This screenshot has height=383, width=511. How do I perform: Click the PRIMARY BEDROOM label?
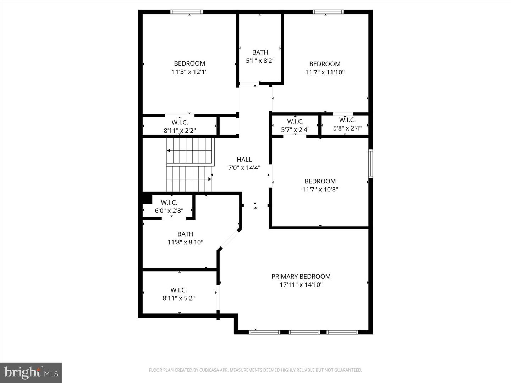[x=301, y=276]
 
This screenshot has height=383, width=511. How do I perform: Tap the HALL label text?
[x=244, y=160]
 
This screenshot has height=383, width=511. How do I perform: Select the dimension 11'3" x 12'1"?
[x=189, y=72]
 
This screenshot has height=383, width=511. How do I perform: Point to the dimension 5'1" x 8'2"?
[x=260, y=61]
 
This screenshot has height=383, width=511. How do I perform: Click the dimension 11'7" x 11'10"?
[x=325, y=72]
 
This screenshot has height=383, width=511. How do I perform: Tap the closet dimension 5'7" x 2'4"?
[x=295, y=130]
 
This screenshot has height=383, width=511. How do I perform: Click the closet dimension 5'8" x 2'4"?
[x=347, y=128]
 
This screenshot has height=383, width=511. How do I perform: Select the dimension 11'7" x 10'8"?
[x=320, y=189]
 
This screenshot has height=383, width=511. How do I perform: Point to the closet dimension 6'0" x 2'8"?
[x=169, y=211]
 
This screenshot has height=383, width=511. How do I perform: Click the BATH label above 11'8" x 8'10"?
[x=185, y=234]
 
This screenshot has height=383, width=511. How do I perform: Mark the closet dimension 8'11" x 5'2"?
[x=178, y=298]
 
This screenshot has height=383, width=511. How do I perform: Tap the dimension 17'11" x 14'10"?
[x=301, y=285]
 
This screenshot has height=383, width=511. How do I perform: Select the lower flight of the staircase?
[x=189, y=179]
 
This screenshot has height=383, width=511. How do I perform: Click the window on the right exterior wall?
[x=370, y=163]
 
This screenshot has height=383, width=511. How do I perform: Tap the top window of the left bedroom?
[x=187, y=12]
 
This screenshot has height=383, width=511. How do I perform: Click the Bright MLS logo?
[x=31, y=373]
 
